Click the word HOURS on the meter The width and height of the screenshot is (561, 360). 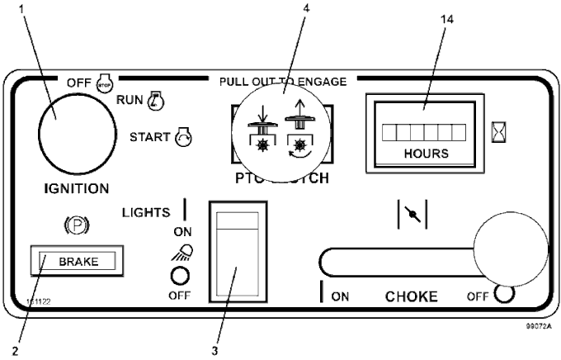pyautogui.click(x=426, y=153)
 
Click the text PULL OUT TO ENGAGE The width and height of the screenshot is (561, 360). pyautogui.click(x=282, y=81)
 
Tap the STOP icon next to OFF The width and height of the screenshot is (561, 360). pyautogui.click(x=104, y=83)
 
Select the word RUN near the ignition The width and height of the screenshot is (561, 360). pyautogui.click(x=130, y=101)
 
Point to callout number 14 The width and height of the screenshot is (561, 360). pyautogui.click(x=448, y=18)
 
